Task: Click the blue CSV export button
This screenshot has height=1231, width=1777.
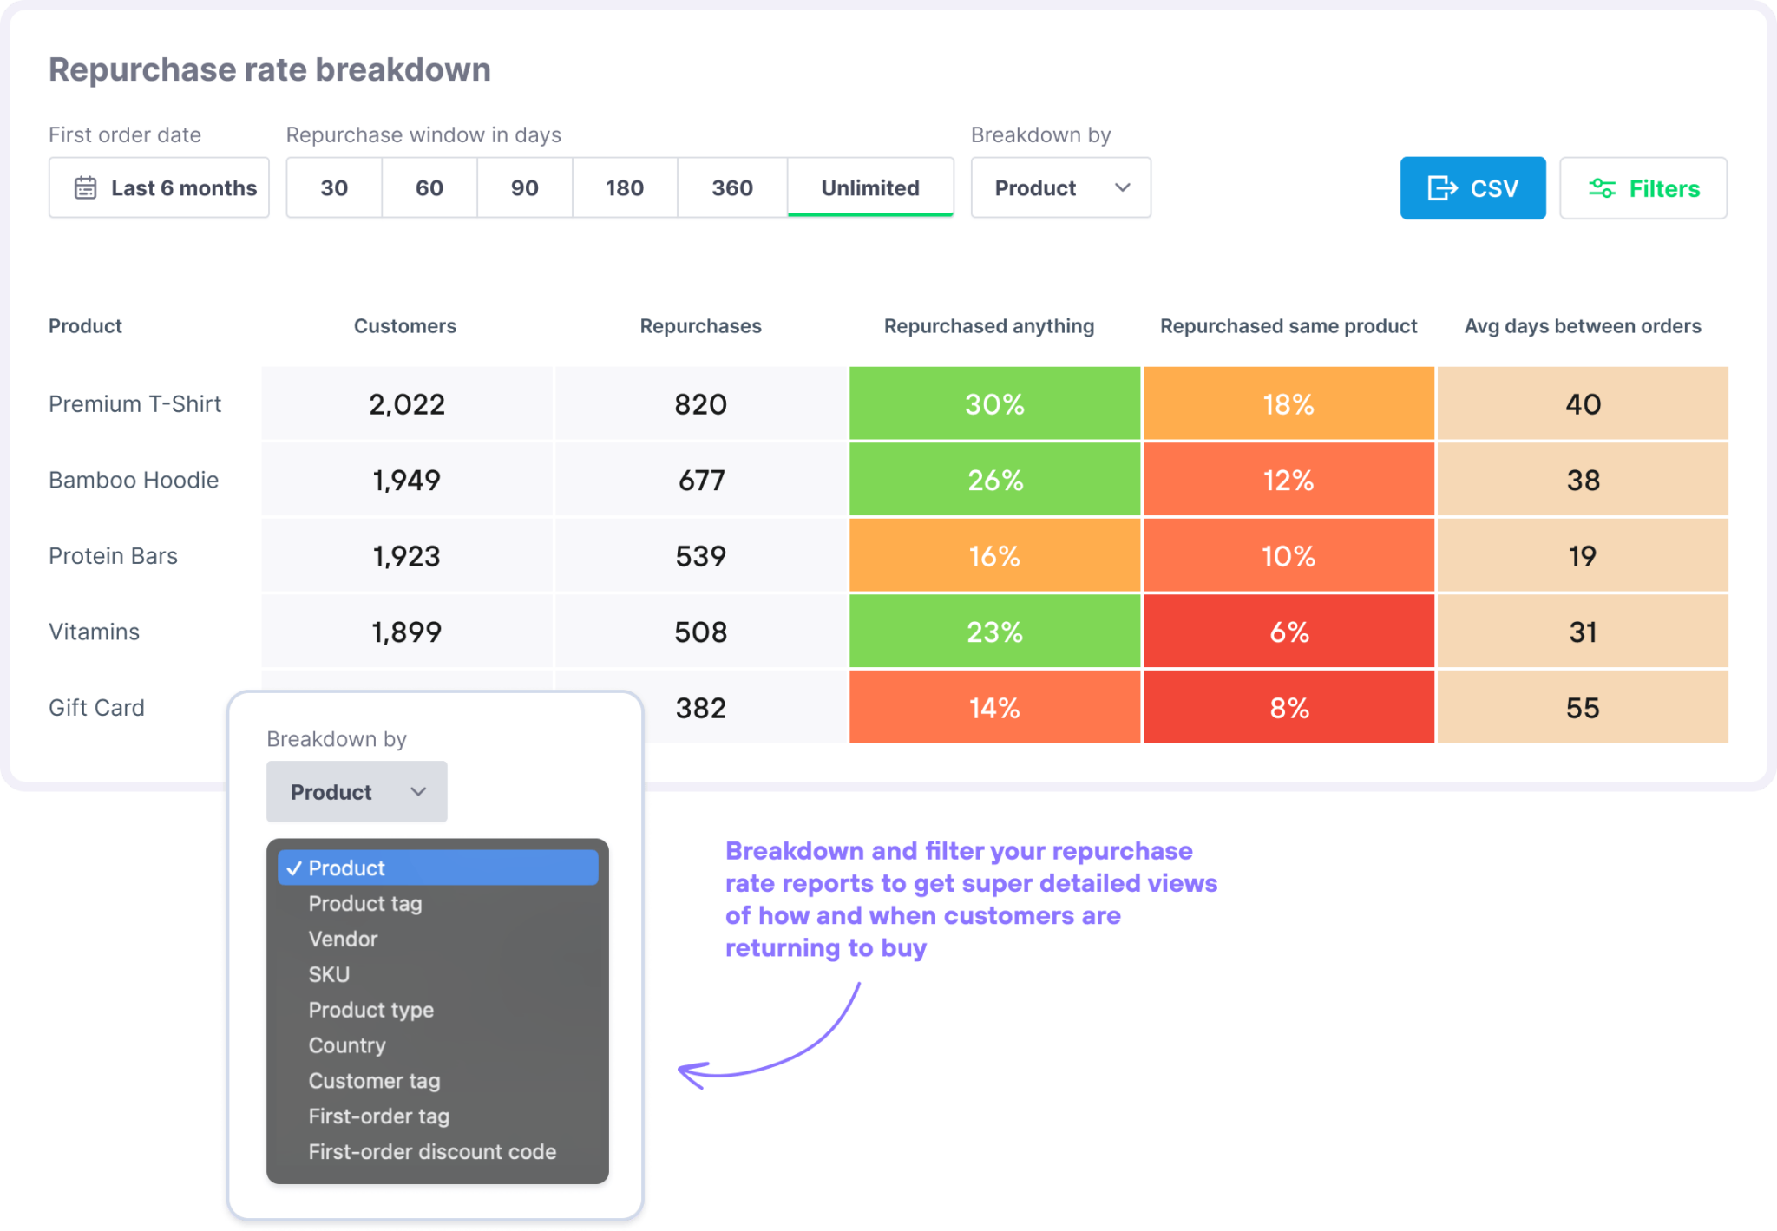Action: click(x=1472, y=188)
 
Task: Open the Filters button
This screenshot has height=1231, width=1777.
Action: click(x=1643, y=188)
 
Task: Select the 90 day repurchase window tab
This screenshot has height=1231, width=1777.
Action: click(x=524, y=188)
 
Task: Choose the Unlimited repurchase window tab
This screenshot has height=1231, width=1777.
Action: click(x=869, y=188)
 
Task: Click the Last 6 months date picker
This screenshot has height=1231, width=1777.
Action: click(x=159, y=188)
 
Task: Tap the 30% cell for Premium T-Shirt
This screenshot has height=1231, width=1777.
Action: click(x=994, y=404)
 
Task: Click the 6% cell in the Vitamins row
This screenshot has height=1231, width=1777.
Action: click(x=1288, y=632)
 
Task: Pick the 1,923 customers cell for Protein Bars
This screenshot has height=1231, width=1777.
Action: click(x=406, y=556)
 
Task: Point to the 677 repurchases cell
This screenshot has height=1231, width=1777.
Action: click(x=701, y=480)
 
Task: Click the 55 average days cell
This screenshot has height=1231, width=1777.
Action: click(x=1583, y=708)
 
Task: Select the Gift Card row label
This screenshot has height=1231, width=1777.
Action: click(x=96, y=708)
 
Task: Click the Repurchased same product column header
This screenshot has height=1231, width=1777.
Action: click(x=1288, y=326)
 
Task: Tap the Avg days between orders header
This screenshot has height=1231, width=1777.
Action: click(x=1583, y=326)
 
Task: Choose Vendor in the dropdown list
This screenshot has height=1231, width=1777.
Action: click(x=343, y=939)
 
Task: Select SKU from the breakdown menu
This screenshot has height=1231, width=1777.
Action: click(x=329, y=974)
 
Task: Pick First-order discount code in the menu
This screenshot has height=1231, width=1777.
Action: click(x=432, y=1152)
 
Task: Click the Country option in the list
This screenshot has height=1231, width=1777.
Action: click(x=347, y=1045)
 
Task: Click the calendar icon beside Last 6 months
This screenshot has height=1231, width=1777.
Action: click(x=85, y=188)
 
